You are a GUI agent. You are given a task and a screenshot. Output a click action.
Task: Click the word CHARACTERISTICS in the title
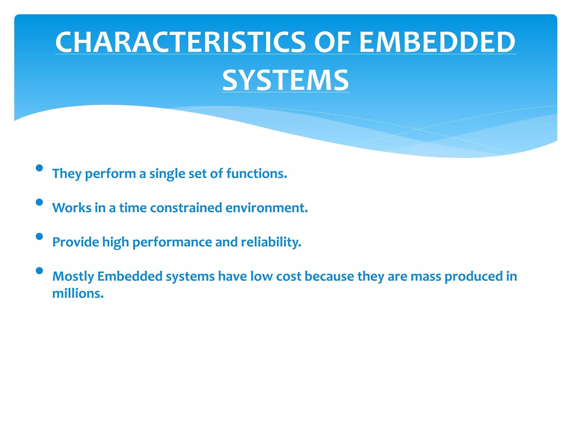180,42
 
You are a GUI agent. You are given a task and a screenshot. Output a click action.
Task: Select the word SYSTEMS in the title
285,81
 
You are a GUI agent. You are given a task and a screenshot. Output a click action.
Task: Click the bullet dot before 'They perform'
39,168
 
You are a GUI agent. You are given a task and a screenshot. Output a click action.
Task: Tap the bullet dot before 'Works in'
39,202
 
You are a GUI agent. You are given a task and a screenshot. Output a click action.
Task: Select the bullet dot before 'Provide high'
39,236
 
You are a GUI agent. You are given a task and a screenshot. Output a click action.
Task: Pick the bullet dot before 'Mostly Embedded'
39,271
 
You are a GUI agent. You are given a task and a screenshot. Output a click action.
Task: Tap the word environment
267,208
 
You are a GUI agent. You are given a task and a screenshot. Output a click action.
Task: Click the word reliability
271,242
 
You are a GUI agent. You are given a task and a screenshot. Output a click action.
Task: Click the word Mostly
73,277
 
